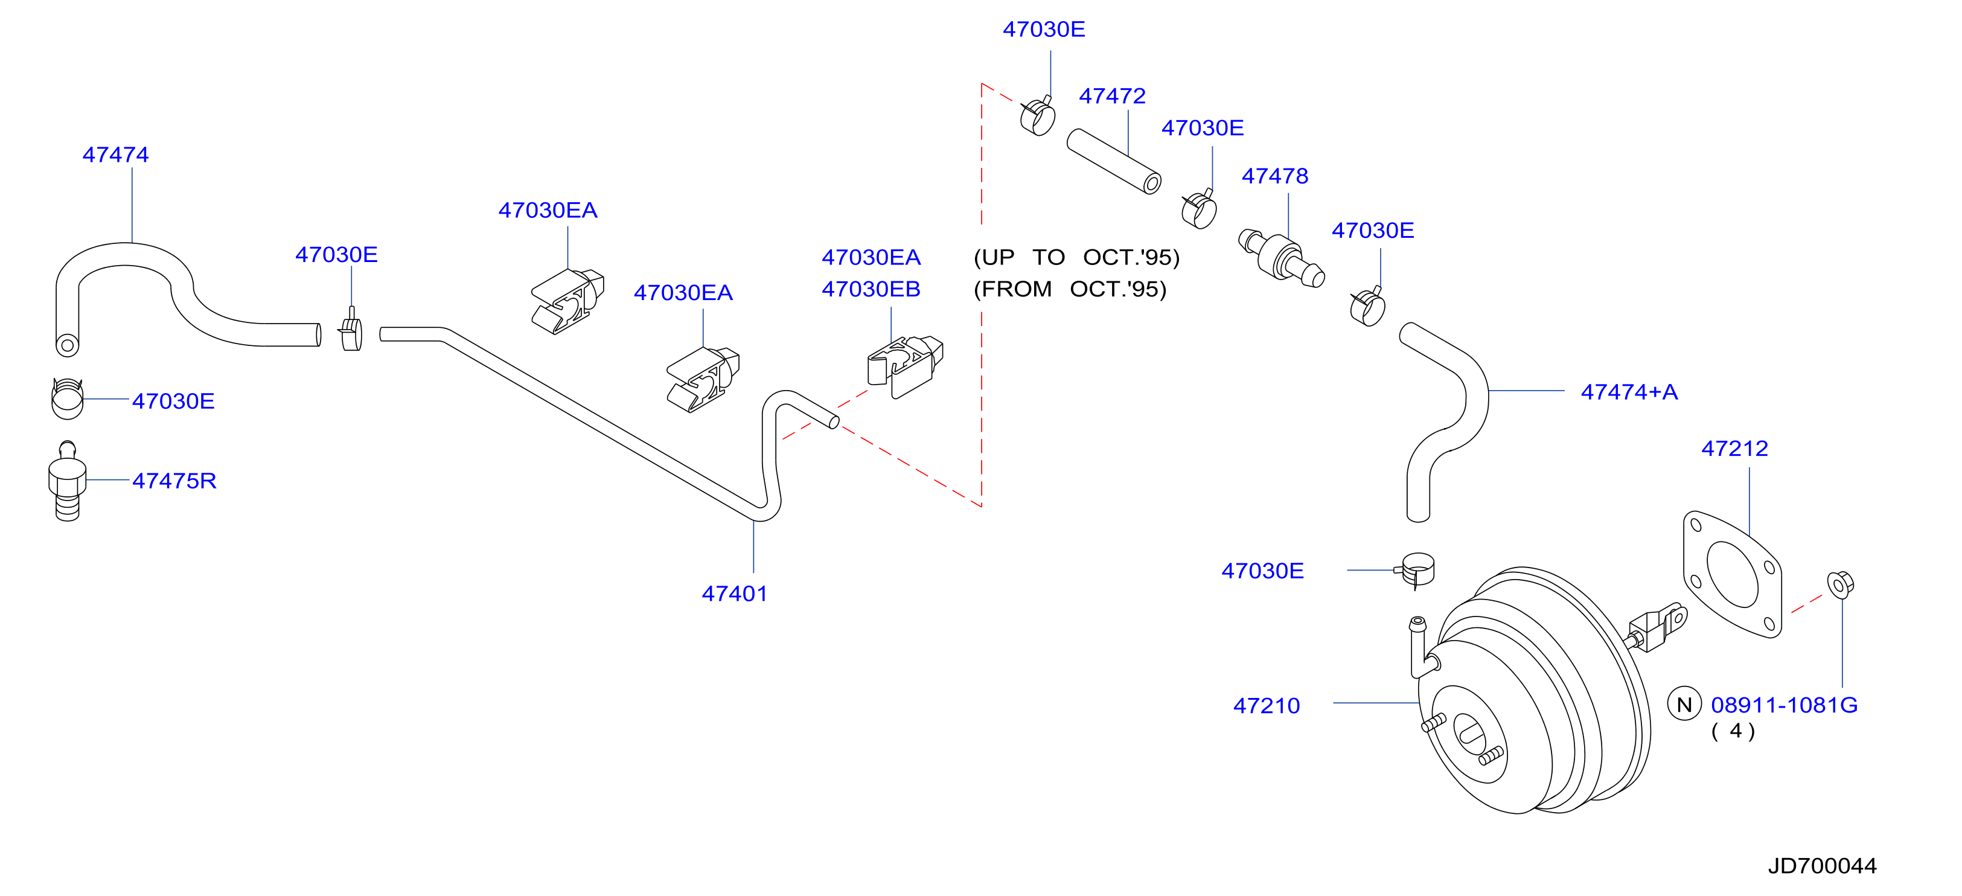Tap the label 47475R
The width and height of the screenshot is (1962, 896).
(x=174, y=481)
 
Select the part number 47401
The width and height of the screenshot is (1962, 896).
(x=734, y=594)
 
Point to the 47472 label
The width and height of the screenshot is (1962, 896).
(x=1112, y=96)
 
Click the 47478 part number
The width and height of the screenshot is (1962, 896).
(x=1275, y=176)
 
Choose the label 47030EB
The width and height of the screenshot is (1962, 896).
(x=871, y=289)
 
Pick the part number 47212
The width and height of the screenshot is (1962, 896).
(x=1734, y=448)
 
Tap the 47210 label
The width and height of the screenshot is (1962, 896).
(x=1266, y=706)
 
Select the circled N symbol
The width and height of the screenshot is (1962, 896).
(x=1684, y=704)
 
